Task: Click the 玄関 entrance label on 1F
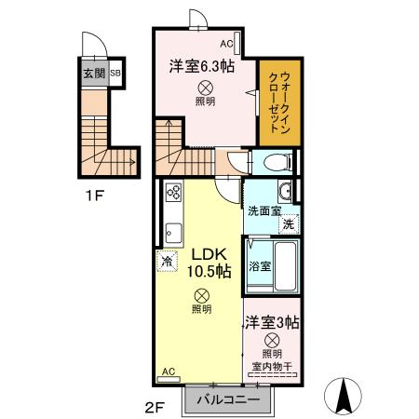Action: tap(93, 73)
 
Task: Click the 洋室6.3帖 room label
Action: tap(201, 67)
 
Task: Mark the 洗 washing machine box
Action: tap(289, 223)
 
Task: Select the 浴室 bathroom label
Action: tap(260, 265)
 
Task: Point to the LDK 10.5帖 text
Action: tap(210, 264)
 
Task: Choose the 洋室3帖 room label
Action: tap(272, 322)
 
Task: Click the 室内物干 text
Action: tap(272, 365)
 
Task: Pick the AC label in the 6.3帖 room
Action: tap(226, 44)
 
